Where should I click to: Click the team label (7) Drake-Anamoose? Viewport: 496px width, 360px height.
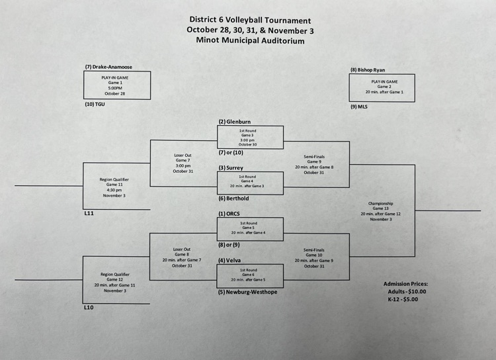(111, 67)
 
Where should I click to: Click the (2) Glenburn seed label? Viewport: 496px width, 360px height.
(235, 122)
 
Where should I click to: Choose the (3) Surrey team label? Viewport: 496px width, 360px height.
(232, 167)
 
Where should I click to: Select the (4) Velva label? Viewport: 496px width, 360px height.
(230, 260)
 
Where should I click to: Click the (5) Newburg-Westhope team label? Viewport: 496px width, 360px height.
(248, 292)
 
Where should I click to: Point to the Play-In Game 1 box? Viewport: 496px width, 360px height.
(117, 85)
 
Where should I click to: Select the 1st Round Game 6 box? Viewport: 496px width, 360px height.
(251, 275)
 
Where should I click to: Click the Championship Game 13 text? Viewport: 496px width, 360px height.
(382, 211)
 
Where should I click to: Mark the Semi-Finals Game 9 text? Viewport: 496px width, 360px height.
(314, 164)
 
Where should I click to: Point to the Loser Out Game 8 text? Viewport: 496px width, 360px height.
(182, 257)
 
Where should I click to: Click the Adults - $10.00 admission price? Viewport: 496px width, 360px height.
(405, 291)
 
